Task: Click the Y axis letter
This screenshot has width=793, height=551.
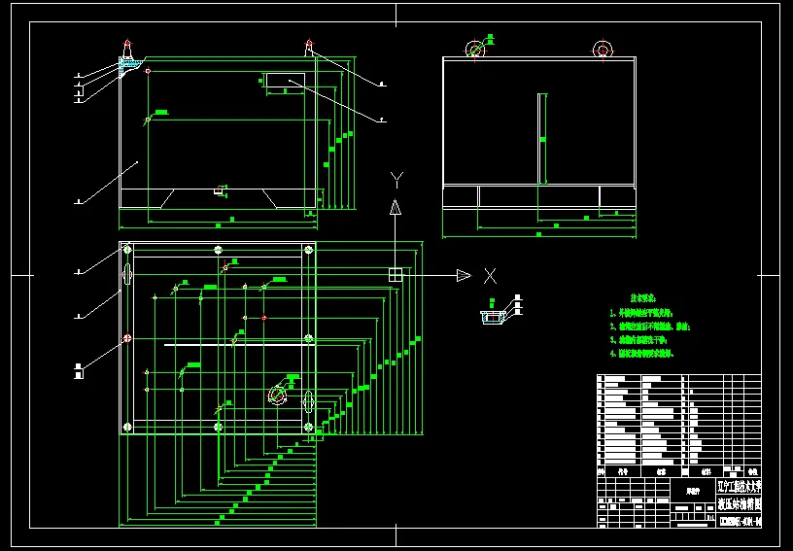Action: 396,178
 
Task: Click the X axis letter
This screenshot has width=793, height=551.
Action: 490,275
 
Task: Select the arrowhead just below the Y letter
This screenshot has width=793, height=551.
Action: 396,206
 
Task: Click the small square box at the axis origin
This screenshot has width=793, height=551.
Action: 396,275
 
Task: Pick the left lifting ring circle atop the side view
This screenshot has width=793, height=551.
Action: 474,50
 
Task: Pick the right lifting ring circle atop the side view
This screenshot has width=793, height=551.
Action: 603,50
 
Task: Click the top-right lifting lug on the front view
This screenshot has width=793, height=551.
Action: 309,47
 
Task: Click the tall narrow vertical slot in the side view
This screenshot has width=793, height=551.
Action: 540,138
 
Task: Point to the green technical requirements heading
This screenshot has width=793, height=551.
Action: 642,297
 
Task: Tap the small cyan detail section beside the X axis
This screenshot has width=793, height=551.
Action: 492,315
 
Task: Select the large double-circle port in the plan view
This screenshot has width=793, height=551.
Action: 278,396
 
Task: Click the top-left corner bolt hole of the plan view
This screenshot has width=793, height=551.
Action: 127,250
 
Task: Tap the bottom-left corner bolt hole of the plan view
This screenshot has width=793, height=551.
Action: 127,428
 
